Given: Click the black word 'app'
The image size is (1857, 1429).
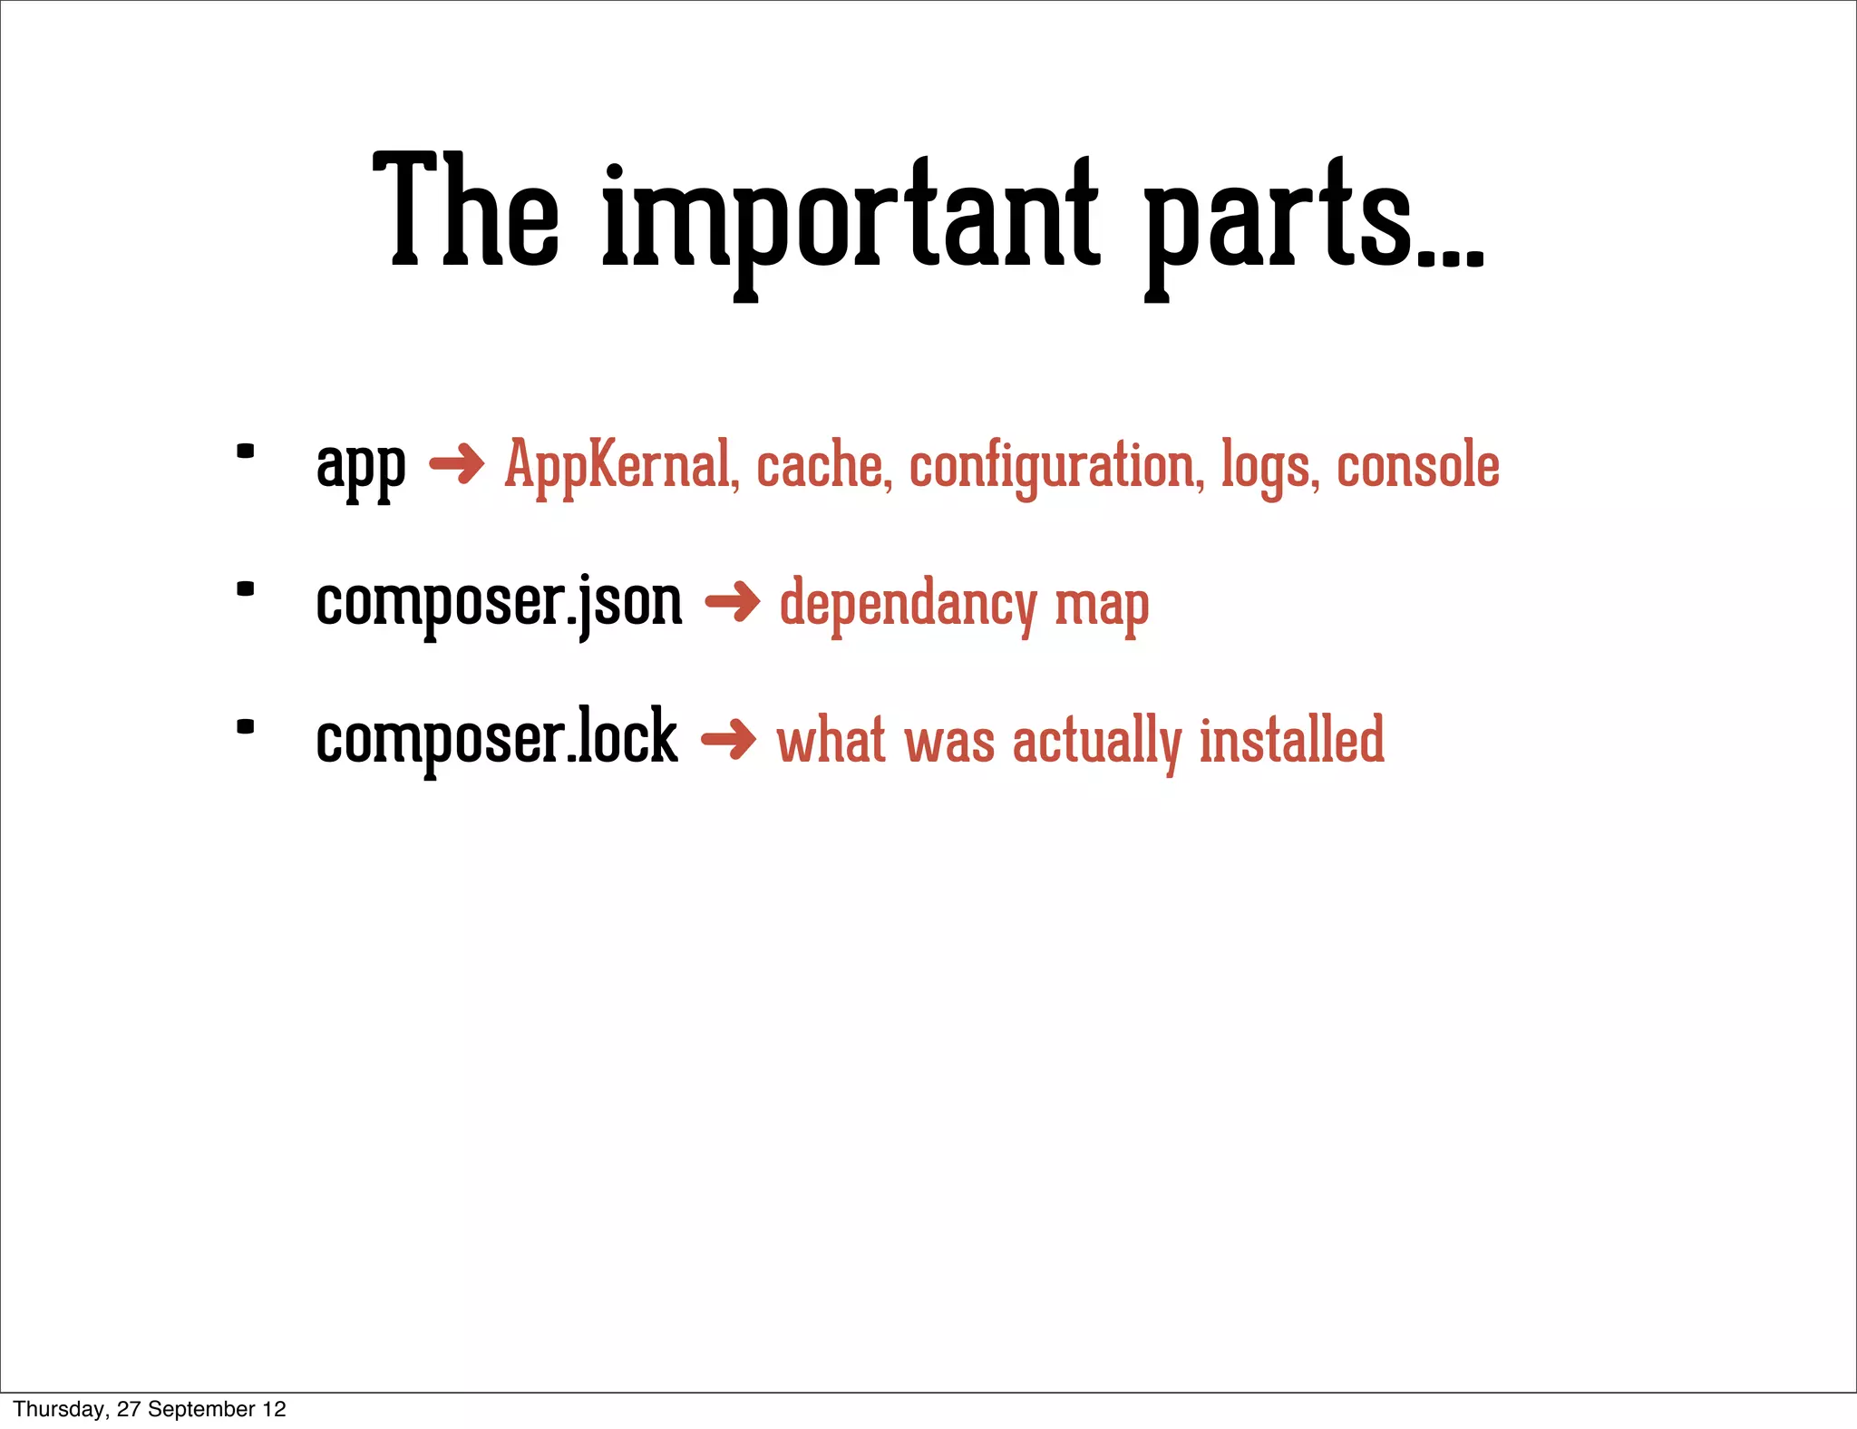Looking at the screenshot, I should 360,468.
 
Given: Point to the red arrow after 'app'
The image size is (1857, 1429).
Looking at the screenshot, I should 456,465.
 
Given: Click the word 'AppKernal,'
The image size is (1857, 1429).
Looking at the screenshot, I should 622,466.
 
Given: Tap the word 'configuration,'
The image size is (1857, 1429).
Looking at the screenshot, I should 1057,468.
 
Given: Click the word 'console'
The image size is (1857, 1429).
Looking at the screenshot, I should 1418,466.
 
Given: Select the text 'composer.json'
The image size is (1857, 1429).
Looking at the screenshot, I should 499,604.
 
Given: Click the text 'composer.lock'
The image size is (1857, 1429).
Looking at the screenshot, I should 497,739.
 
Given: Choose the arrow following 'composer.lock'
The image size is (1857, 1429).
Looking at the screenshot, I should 728,740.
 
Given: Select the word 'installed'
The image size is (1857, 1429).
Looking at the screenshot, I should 1292,740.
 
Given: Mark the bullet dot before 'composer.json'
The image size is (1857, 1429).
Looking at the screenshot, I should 245,589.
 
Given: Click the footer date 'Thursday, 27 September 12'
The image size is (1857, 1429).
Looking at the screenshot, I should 150,1409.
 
